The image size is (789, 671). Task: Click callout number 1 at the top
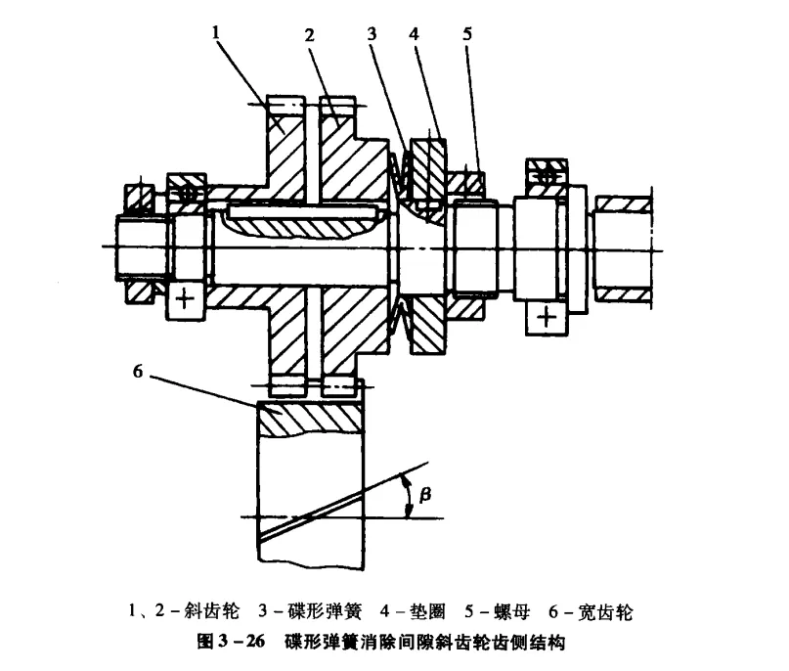pos(217,32)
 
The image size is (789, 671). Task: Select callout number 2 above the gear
pos(309,35)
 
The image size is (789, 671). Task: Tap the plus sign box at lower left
pos(183,297)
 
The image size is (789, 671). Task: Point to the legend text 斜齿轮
pos(212,613)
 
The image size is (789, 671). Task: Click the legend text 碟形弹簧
pos(330,613)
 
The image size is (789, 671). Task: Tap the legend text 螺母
pos(514,613)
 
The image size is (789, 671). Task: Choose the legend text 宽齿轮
pos(612,613)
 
